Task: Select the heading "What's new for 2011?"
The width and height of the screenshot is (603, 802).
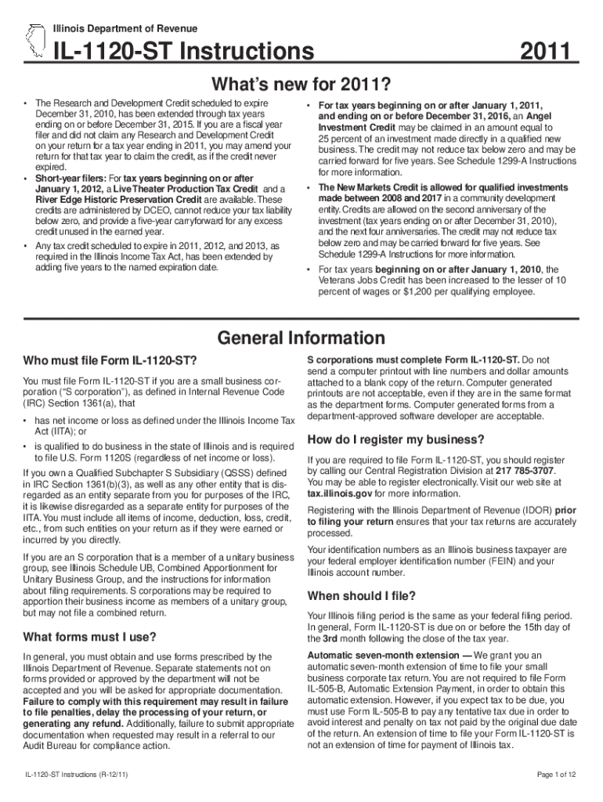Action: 301,83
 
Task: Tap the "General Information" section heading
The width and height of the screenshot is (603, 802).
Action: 301,338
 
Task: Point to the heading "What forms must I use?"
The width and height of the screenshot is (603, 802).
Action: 90,635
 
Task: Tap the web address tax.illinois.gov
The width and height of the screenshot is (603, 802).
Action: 340,493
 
